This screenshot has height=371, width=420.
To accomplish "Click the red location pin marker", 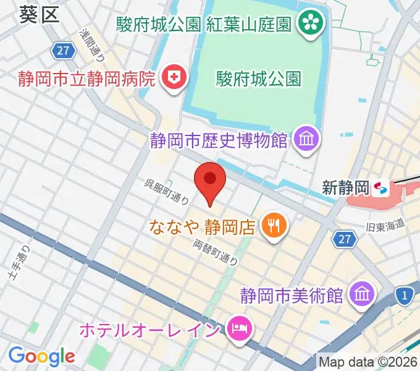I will pos(210,180).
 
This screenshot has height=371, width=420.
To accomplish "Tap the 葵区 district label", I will pos(40,13).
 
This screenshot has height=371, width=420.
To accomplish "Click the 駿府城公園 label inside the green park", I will pos(259,79).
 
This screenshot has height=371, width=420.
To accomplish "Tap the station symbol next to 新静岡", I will pos(380,187).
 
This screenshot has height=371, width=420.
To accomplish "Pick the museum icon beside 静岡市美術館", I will pos(359,294).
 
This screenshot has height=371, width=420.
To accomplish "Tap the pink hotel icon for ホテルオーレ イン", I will pos(238,328).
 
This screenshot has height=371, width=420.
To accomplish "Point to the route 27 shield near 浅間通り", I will pos(63,51).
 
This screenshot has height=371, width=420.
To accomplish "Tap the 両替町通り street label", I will pos(216,252).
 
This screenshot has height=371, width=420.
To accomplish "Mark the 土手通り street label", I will pos(21,267).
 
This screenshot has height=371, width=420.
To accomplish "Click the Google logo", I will pos(41,356).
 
